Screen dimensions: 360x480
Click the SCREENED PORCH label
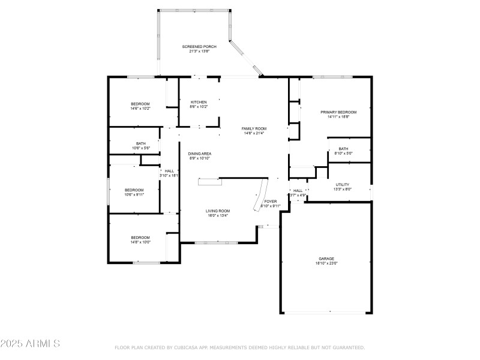point(199,46)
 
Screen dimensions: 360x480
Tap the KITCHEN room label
point(199,102)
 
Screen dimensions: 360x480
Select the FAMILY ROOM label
point(254,128)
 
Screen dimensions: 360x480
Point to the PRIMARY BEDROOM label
point(338,112)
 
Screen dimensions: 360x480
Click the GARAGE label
point(326,259)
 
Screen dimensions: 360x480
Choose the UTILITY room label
point(343,184)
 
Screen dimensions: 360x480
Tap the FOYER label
point(271,201)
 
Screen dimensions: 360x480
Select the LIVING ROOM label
point(218,211)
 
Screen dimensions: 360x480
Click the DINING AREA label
point(200,154)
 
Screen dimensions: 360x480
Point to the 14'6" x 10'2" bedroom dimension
point(140,109)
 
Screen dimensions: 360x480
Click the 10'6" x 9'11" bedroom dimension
point(134,194)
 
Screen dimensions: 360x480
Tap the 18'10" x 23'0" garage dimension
point(326,263)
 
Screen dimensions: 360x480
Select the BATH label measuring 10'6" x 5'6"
point(140,143)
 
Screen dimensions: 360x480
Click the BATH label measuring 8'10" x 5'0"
point(343,149)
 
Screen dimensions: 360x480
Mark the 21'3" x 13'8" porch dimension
point(199,51)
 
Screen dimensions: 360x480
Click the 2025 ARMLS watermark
point(30,344)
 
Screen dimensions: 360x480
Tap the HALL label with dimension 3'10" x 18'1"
point(170,171)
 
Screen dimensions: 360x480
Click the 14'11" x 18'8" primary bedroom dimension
point(338,117)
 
